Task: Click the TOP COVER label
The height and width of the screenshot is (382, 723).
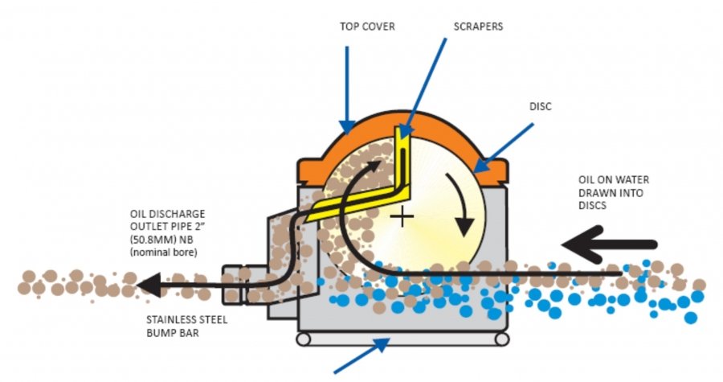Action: point(367,27)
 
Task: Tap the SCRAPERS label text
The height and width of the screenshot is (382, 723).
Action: point(478,27)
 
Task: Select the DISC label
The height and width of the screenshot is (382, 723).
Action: point(540,106)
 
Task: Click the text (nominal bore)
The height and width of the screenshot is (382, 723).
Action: point(163,253)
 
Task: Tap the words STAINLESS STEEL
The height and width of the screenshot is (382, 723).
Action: point(186,320)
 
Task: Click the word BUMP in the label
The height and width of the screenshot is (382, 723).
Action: point(159,332)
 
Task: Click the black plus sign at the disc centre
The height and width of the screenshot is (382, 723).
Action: point(402,216)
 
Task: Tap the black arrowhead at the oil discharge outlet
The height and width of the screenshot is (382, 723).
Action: point(149,285)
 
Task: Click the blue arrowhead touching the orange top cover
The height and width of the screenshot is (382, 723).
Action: point(347,126)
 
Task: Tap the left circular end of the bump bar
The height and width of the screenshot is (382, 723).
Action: point(303,339)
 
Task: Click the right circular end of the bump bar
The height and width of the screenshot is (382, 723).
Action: point(501,339)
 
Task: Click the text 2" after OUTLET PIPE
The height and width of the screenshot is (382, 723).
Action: point(200,227)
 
